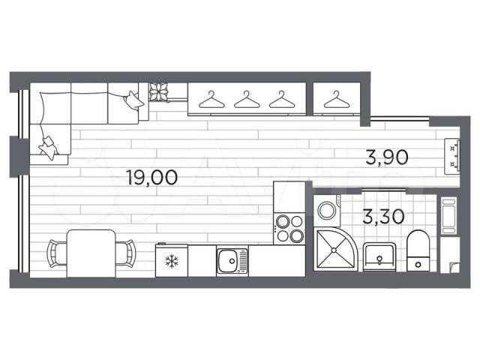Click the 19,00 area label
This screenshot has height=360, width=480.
pyautogui.click(x=152, y=178)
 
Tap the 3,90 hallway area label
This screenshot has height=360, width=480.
pyautogui.click(x=387, y=157)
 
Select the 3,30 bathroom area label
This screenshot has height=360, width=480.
pyautogui.click(x=383, y=216)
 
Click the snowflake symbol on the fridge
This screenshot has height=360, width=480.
pyautogui.click(x=172, y=262)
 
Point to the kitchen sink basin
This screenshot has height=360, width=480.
pyautogui.click(x=228, y=261)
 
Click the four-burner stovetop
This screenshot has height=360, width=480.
pyautogui.click(x=289, y=228)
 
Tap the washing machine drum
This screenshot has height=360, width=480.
pyautogui.click(x=327, y=210)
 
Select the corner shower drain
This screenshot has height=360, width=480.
pyautogui.click(x=334, y=250)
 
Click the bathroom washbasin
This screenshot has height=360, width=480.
pyautogui.click(x=379, y=257)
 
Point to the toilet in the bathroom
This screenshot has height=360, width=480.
pyautogui.click(x=418, y=250)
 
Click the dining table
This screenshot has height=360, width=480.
pyautogui.click(x=91, y=253)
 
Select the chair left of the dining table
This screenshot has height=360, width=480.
pyautogui.click(x=57, y=253)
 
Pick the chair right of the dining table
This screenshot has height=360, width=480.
pyautogui.click(x=125, y=253)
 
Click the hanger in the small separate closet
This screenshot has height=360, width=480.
pyautogui.click(x=337, y=100)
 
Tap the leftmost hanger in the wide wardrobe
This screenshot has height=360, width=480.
pyautogui.click(x=211, y=100)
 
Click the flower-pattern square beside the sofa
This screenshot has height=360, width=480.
pyautogui.click(x=158, y=91)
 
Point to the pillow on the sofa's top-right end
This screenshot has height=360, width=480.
pyautogui.click(x=133, y=100)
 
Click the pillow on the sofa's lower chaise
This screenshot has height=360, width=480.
pyautogui.click(x=48, y=147)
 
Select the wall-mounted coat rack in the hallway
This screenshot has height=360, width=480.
pyautogui.click(x=452, y=156)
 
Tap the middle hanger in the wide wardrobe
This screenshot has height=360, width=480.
pyautogui.click(x=247, y=100)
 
